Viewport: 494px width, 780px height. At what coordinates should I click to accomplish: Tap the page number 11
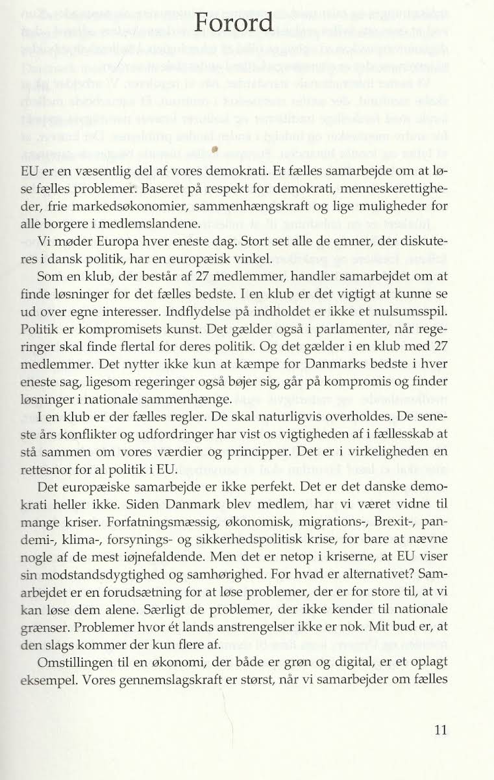[x=441, y=729]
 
